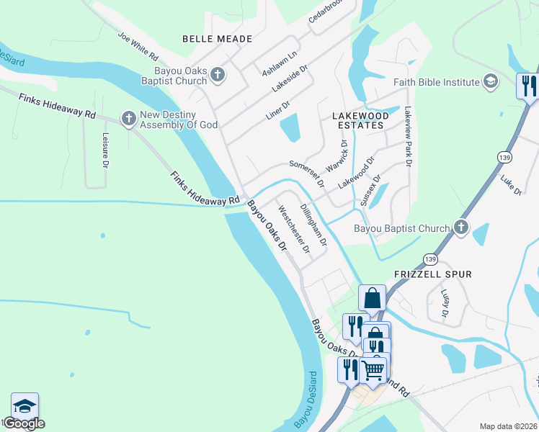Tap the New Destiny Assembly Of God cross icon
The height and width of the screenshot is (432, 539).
[129, 119]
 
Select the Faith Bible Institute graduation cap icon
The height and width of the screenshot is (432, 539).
[491, 81]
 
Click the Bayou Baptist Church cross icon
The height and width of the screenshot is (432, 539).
[461, 228]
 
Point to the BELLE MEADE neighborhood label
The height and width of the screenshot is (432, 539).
[217, 39]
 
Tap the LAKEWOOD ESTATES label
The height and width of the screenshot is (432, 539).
[360, 120]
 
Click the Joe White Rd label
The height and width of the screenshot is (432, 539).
[138, 47]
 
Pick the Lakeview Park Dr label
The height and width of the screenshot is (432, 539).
[407, 137]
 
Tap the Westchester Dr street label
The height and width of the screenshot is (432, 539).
[293, 230]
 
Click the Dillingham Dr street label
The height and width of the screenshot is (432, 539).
[313, 225]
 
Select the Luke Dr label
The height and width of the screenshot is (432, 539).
[511, 184]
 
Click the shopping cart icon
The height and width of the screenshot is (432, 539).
[373, 370]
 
